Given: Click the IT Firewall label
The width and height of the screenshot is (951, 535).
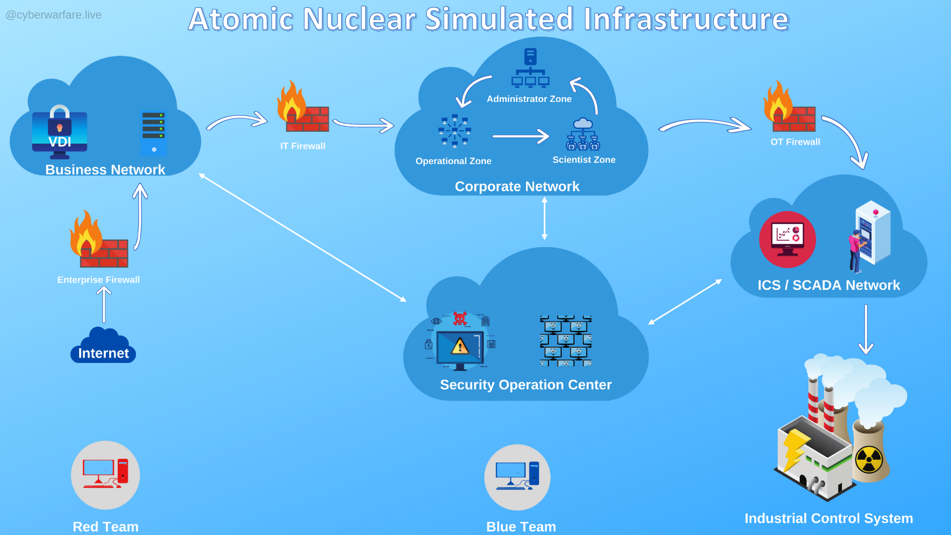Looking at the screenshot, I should [x=303, y=146].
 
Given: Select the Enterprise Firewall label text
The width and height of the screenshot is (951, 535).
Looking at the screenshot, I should [x=98, y=280].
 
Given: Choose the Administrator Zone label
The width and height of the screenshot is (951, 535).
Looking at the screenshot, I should [x=529, y=99].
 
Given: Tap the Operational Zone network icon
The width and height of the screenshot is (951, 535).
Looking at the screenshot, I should [x=455, y=131].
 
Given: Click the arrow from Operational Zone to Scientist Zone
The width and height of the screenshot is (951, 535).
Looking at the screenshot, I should [x=520, y=136].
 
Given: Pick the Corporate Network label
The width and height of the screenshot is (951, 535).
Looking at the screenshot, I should [x=517, y=187].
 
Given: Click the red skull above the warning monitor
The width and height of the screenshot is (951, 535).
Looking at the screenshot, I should [x=460, y=318].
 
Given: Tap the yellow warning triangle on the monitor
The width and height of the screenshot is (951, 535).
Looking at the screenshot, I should [x=460, y=346].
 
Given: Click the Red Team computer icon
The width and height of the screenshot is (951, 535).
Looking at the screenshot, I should [x=106, y=474].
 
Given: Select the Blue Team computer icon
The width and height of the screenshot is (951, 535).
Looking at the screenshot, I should [x=517, y=477].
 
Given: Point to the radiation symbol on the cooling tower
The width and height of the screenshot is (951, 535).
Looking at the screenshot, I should [x=869, y=460].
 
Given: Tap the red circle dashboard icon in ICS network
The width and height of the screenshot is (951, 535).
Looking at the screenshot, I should [x=787, y=239].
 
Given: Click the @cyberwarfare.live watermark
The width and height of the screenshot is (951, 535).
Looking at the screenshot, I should [x=53, y=15].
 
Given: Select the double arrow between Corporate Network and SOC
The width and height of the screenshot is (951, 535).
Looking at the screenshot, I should [x=544, y=218].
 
